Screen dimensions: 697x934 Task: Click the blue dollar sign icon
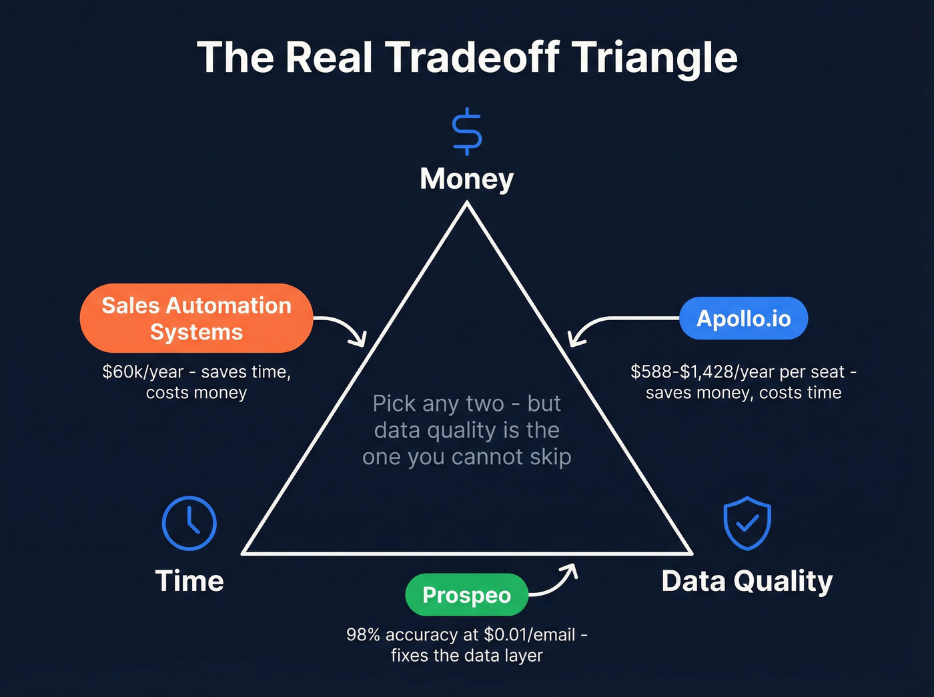point(466,131)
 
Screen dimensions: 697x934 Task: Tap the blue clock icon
point(189,523)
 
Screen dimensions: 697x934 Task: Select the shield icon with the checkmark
point(747,523)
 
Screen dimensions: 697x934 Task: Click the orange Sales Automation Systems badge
point(196,318)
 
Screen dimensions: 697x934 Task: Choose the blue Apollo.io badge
point(743,319)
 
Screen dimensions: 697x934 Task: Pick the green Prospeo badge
point(466,594)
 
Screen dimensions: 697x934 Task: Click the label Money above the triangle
point(466,179)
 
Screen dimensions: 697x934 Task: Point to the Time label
point(189,581)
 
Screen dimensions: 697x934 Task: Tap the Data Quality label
point(747,581)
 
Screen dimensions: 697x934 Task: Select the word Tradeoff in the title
point(472,57)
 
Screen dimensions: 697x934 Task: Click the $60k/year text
point(142,372)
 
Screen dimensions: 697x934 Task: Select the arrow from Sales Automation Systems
point(344,329)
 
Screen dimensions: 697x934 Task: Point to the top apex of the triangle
point(467,206)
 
